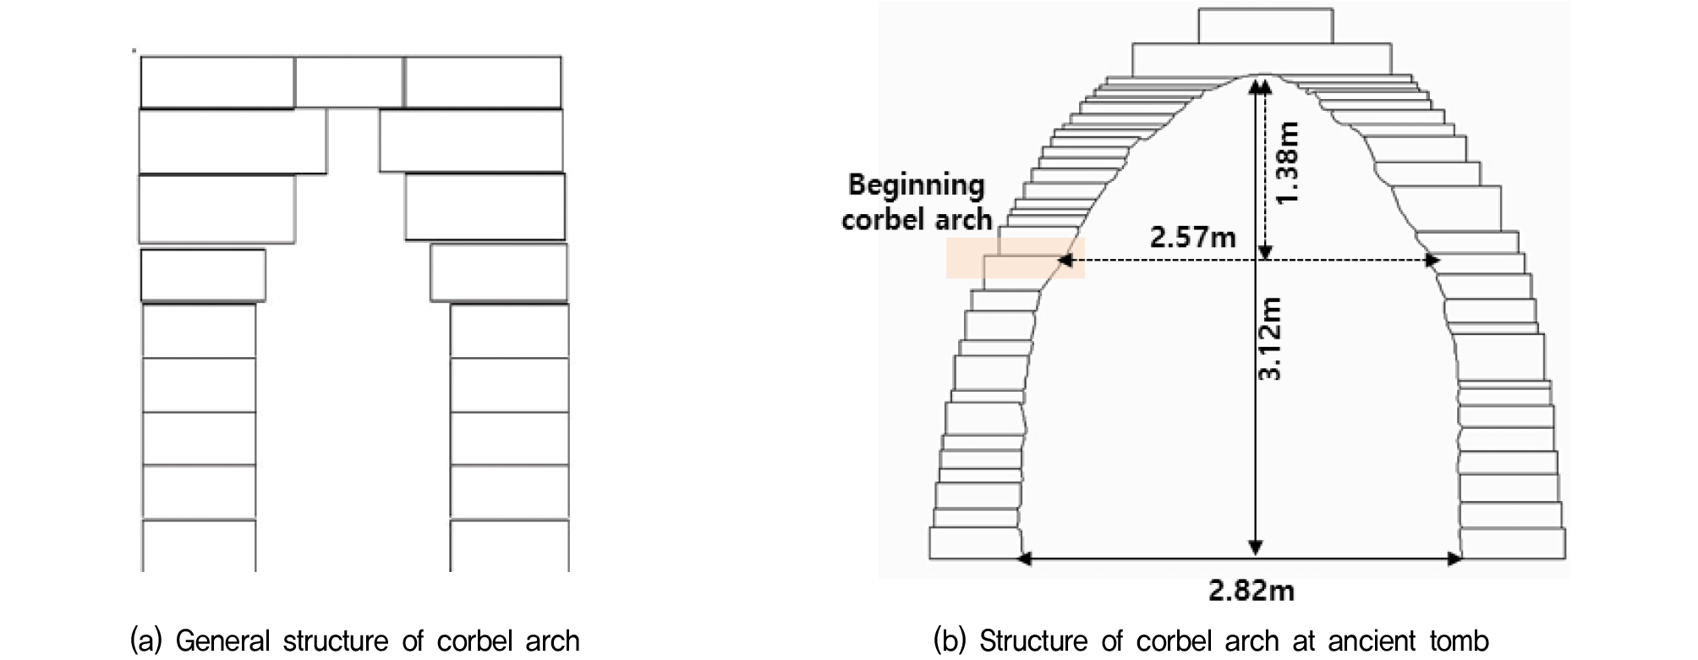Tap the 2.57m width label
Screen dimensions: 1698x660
1192,237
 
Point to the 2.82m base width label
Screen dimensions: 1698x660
1252,590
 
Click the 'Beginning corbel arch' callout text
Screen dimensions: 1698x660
917,202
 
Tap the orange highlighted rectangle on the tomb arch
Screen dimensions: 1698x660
1015,257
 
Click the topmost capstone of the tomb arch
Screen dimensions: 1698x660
1265,25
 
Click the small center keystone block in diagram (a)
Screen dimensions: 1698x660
349,82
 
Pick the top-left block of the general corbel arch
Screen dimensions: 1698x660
217,82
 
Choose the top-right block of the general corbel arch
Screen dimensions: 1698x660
483,82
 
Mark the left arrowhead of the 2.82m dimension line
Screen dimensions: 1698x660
1025,558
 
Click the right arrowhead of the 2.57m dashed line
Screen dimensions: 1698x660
1432,261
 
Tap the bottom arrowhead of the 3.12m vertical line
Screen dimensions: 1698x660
1256,548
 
